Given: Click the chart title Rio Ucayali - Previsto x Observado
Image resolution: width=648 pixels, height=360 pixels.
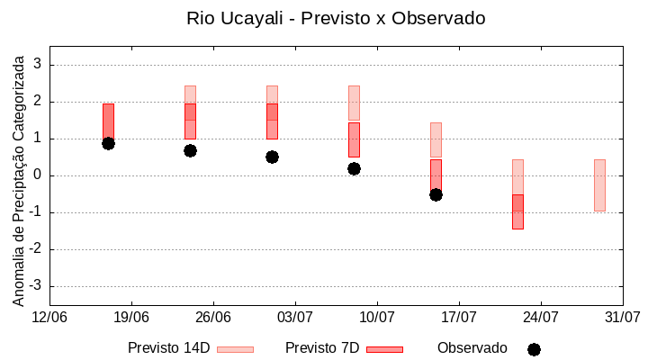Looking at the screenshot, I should pyautogui.click(x=323, y=18).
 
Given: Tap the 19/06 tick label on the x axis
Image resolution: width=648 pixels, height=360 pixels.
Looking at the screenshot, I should pyautogui.click(x=131, y=317).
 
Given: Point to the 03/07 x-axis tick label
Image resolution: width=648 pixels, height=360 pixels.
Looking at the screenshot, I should pyautogui.click(x=295, y=317).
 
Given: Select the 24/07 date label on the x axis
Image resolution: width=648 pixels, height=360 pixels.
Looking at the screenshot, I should pyautogui.click(x=541, y=317).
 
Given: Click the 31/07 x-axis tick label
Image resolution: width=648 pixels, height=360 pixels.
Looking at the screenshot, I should pyautogui.click(x=623, y=317).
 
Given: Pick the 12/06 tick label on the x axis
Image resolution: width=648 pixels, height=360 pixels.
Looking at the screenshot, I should pyautogui.click(x=49, y=317).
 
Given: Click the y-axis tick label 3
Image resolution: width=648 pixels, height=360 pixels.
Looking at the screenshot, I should pyautogui.click(x=38, y=65).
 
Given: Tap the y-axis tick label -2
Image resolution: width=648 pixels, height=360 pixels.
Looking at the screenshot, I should pyautogui.click(x=36, y=249).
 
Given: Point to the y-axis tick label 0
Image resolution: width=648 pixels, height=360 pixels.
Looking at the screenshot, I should pyautogui.click(x=38, y=175).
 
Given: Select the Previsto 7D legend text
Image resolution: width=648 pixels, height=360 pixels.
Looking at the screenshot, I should pyautogui.click(x=322, y=348).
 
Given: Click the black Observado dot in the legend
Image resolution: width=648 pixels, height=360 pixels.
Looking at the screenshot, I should pyautogui.click(x=534, y=349).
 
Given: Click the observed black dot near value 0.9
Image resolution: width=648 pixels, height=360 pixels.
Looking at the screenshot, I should pyautogui.click(x=108, y=143).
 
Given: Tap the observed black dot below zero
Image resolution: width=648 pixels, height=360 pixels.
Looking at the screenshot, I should pyautogui.click(x=436, y=194).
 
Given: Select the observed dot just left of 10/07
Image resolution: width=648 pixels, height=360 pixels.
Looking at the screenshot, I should pyautogui.click(x=354, y=168).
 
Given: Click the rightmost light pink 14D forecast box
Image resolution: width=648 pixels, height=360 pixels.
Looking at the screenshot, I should pyautogui.click(x=599, y=184).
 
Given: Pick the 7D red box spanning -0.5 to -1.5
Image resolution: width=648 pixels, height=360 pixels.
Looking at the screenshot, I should pyautogui.click(x=517, y=211).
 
